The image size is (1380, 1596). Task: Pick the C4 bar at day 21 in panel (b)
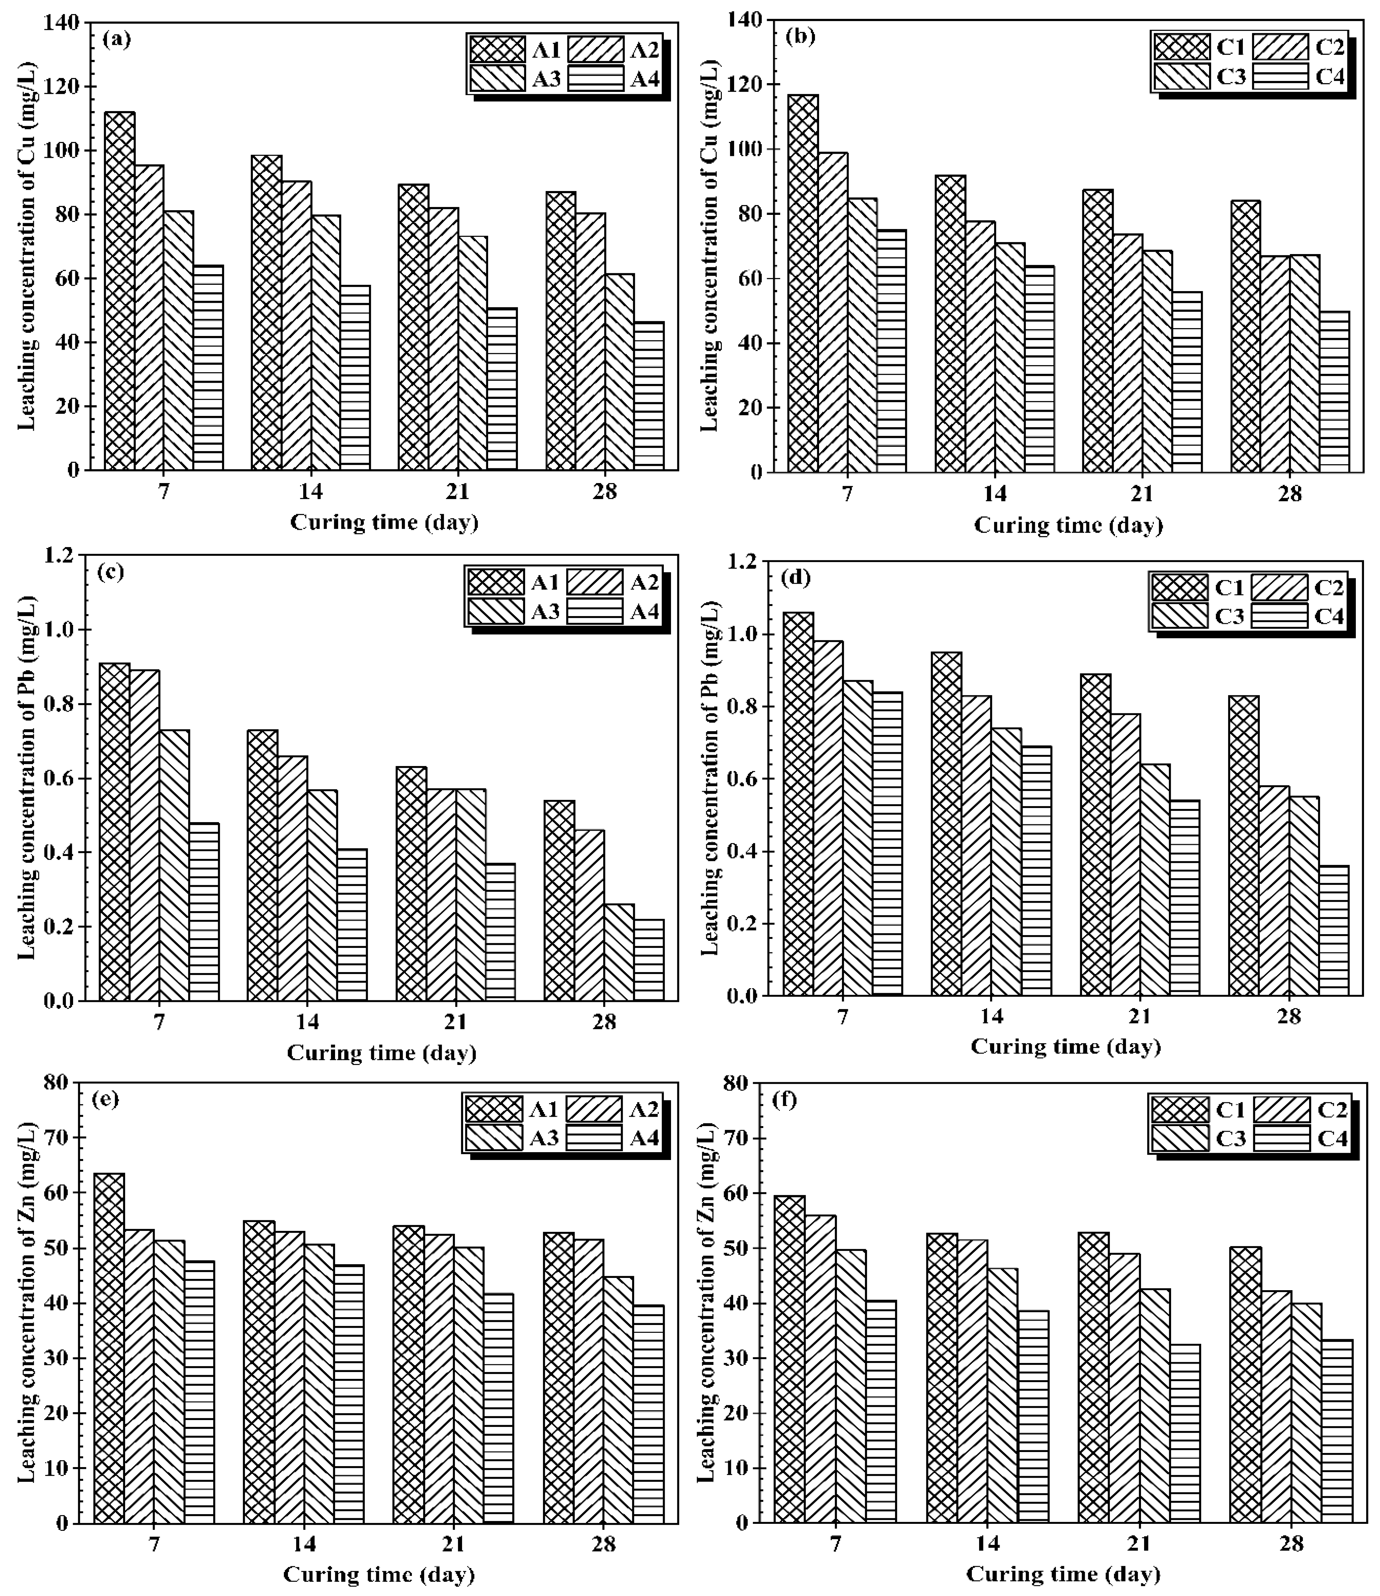click(1187, 381)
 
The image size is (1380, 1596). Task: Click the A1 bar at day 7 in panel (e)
click(109, 1348)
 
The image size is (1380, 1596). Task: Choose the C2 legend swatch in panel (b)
click(1281, 48)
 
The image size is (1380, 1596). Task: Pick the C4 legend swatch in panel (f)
click(1281, 1138)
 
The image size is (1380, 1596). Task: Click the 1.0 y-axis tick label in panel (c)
click(65, 630)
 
